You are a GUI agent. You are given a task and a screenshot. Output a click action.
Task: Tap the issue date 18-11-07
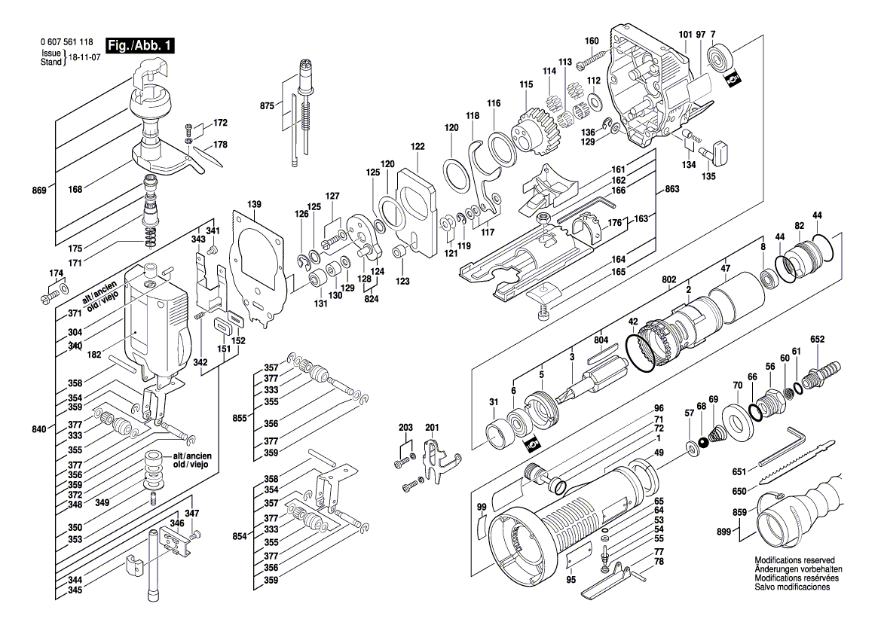tap(85, 58)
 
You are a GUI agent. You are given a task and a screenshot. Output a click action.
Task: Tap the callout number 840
tap(40, 429)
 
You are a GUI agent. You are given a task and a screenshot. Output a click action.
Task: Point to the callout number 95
tap(571, 579)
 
